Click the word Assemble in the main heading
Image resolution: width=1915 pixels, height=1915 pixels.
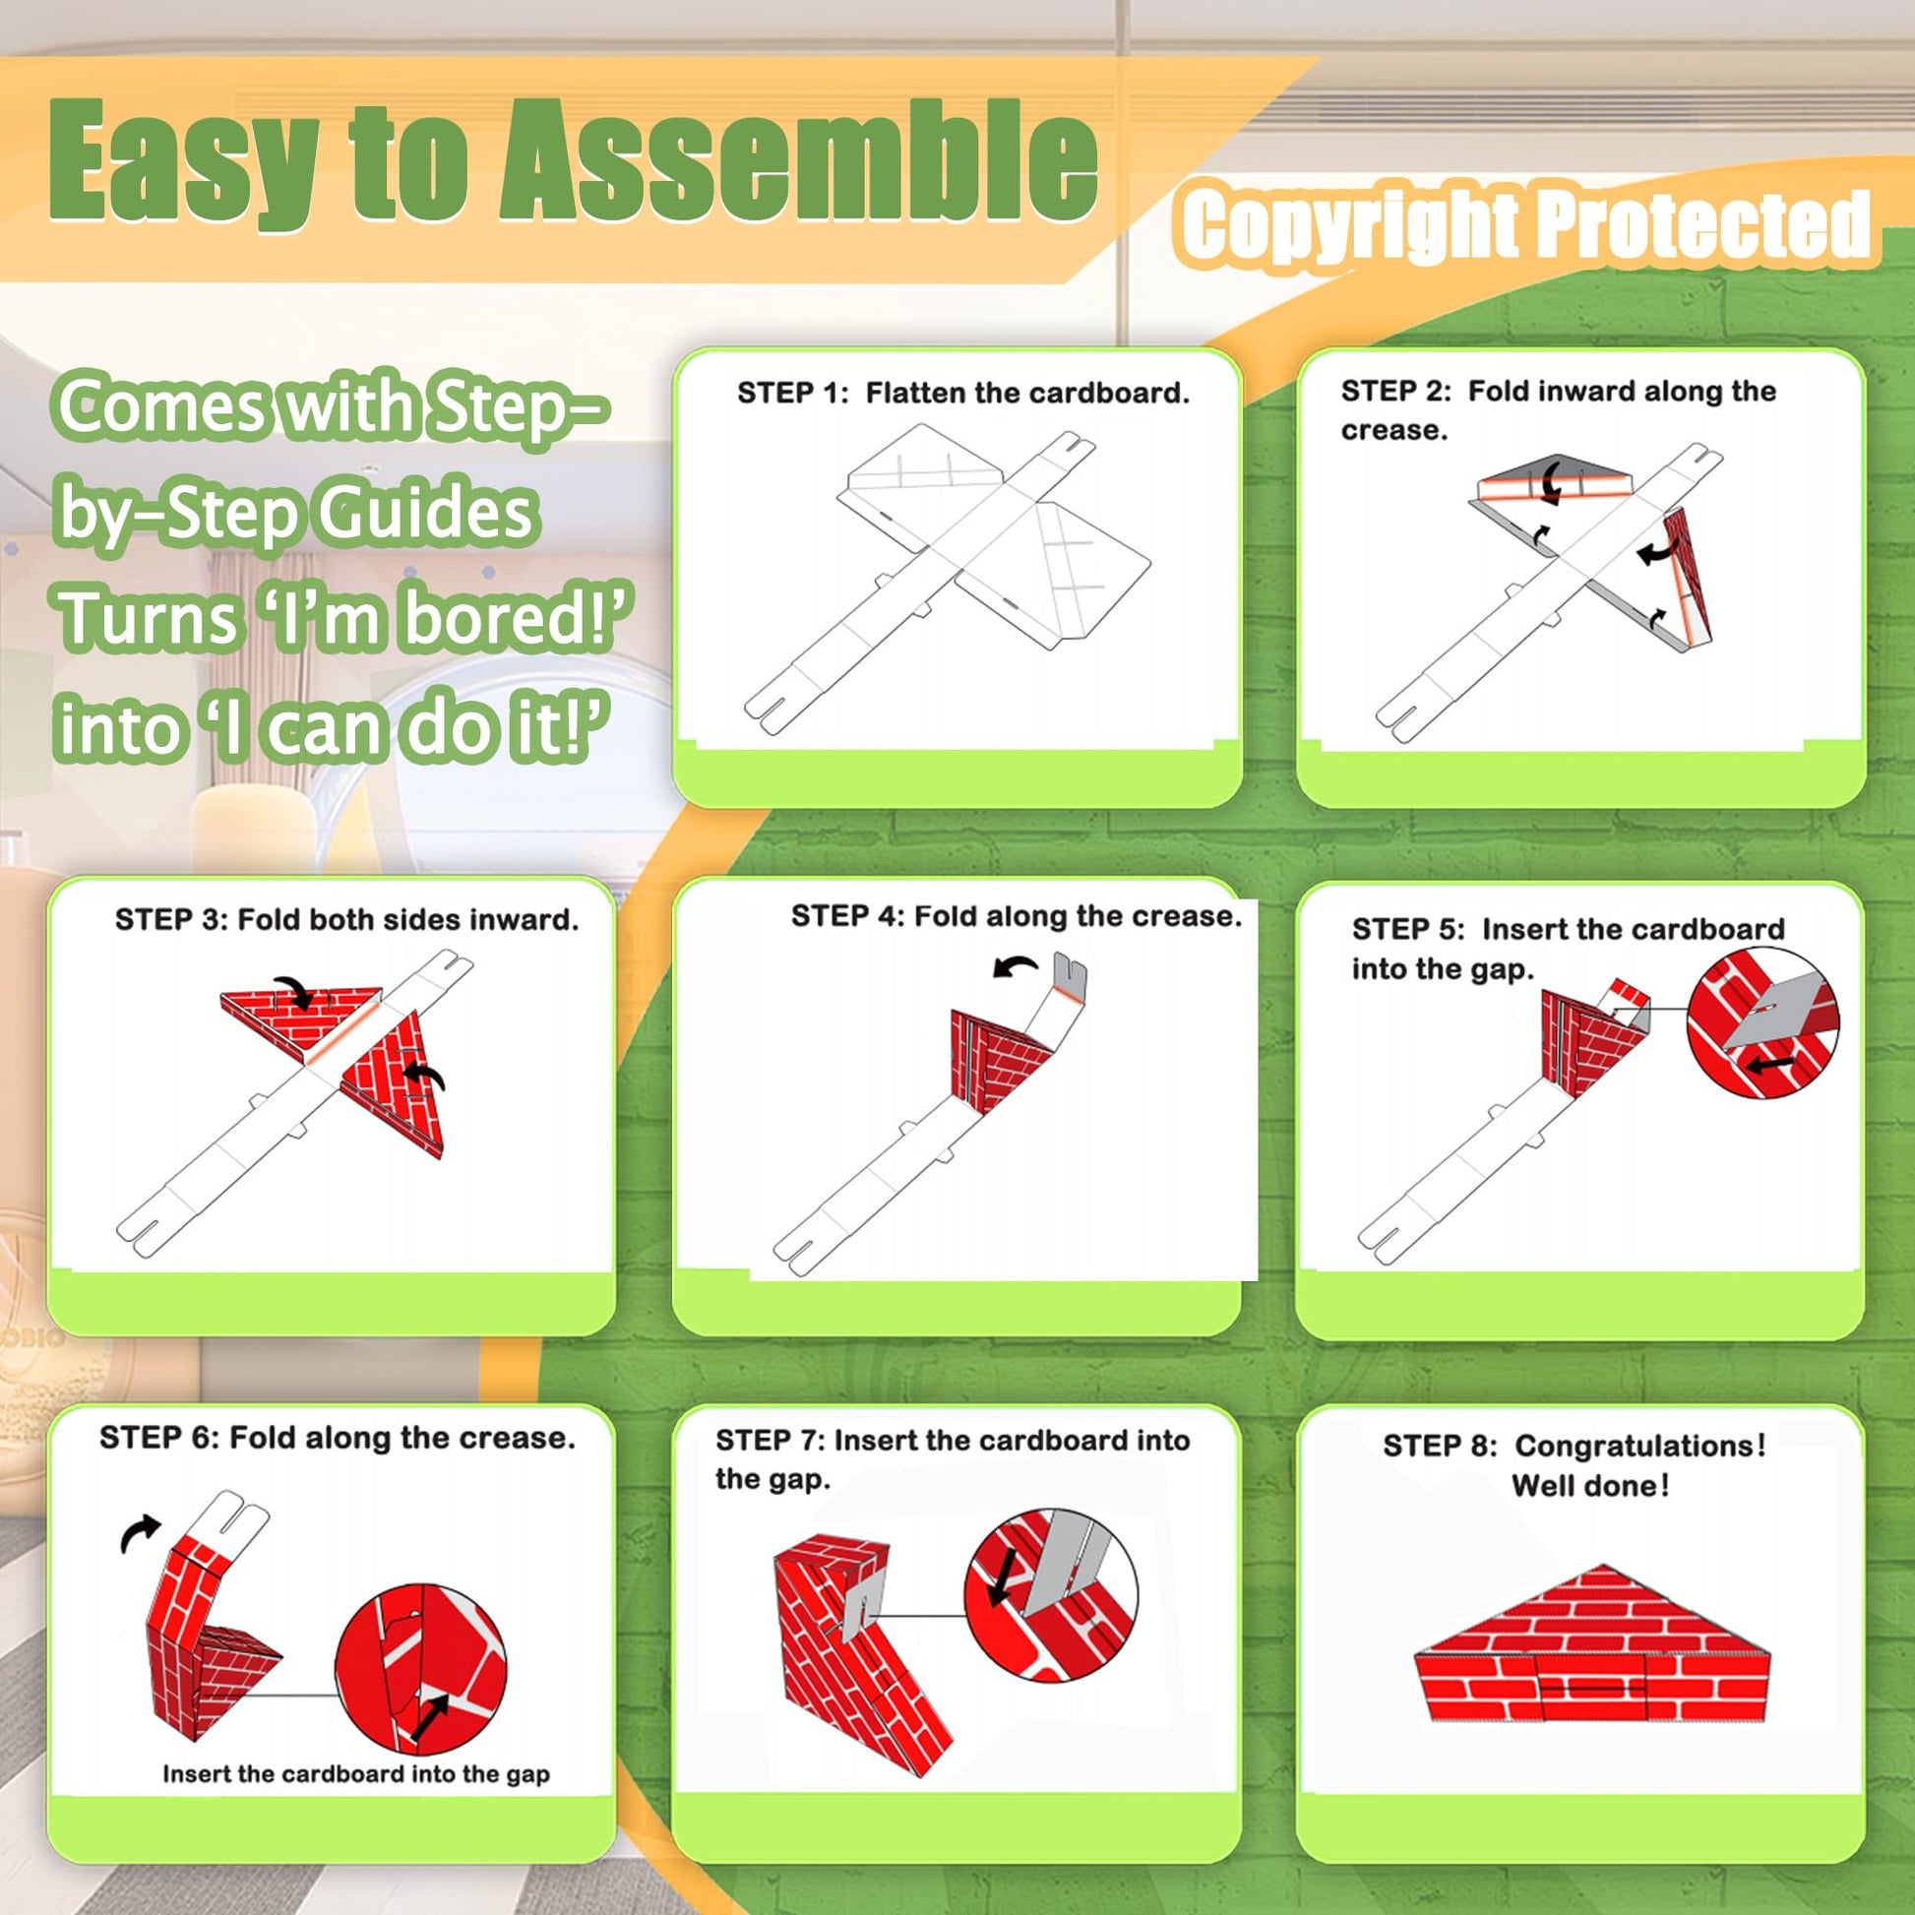(798, 160)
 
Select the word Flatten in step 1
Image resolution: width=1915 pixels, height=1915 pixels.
(915, 394)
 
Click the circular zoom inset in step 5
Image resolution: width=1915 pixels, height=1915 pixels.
(1762, 1037)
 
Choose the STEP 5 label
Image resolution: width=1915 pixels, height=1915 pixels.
(1407, 930)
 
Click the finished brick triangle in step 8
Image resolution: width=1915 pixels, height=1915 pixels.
(1592, 1645)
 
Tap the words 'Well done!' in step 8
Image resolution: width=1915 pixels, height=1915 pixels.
(1591, 1486)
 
